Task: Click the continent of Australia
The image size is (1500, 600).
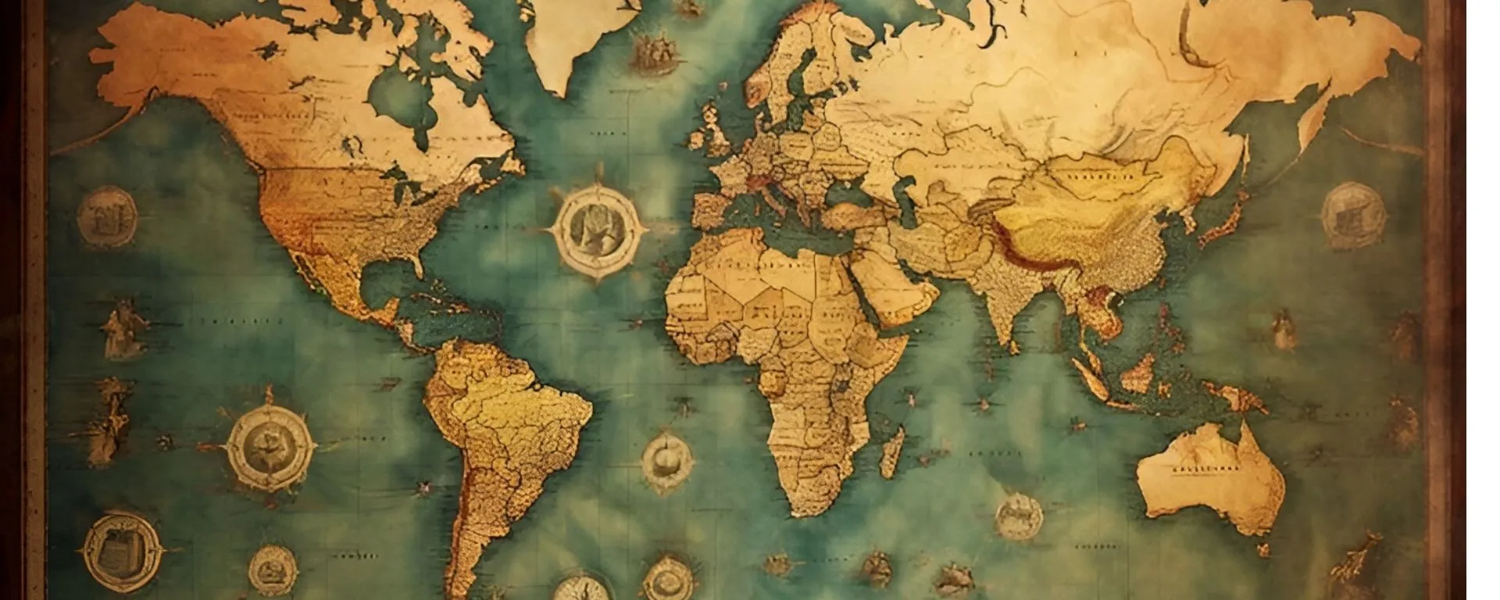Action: [x=1211, y=477]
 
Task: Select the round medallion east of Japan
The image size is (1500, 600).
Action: [x=1352, y=215]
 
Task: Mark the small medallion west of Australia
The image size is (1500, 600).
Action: [x=1019, y=516]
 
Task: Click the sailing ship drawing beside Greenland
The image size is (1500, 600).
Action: [x=652, y=51]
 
